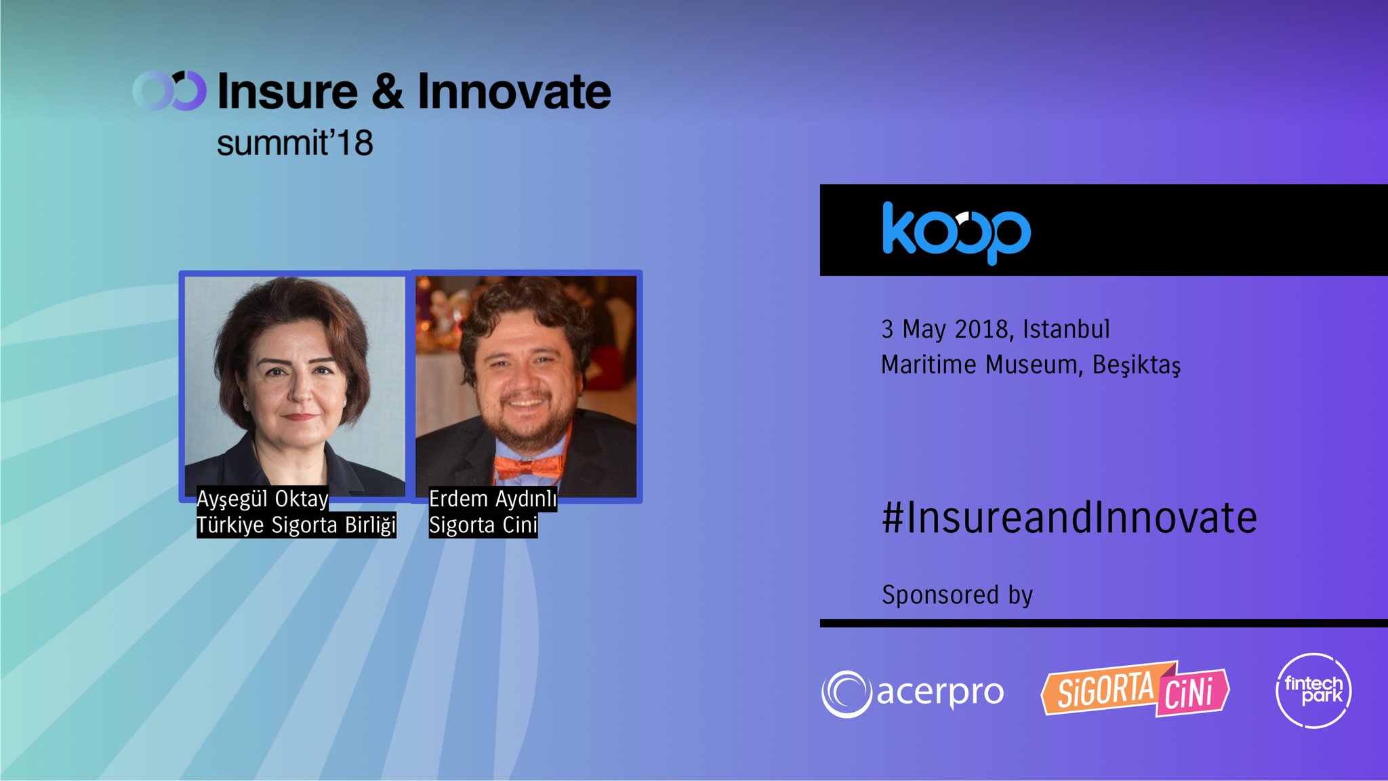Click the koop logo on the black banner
click(956, 232)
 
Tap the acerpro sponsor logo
click(912, 693)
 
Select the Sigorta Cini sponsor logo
click(1135, 689)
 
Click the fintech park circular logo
click(1313, 691)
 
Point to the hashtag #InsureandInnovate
click(1069, 518)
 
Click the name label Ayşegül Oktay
click(262, 499)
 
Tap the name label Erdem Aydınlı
click(493, 499)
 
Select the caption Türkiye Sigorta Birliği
click(296, 525)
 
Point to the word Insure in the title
click(287, 92)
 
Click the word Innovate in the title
click(514, 92)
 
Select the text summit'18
click(295, 143)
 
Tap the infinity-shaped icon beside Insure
click(169, 91)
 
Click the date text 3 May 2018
click(947, 329)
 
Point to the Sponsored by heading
click(957, 595)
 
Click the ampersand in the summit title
click(388, 92)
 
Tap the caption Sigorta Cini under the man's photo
click(483, 525)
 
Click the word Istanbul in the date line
click(1066, 329)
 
